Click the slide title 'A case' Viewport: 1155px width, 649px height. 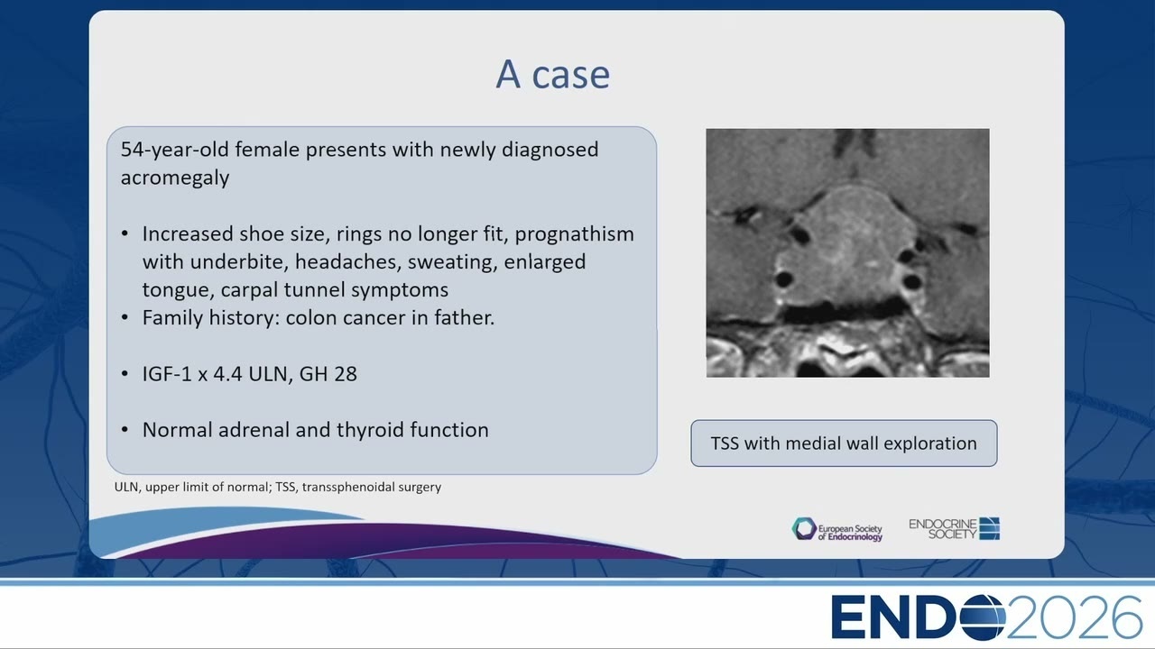[x=553, y=74]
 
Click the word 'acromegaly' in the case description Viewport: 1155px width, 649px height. [x=175, y=178]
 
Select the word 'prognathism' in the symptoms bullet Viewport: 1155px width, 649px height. [x=575, y=234]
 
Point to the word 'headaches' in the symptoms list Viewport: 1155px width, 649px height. [x=348, y=261]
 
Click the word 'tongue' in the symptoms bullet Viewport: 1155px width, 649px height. [x=176, y=290]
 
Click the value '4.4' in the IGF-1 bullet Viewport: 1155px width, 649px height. [x=227, y=374]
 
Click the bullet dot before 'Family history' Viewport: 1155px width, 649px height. [x=125, y=318]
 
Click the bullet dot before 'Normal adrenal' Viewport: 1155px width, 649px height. [x=125, y=430]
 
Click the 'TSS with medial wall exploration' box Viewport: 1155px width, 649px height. [x=844, y=443]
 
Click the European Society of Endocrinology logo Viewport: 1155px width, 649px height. [x=837, y=529]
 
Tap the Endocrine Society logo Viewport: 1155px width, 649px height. [x=954, y=529]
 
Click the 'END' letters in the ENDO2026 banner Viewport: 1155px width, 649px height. [x=895, y=617]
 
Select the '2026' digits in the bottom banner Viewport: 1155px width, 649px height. [x=1074, y=617]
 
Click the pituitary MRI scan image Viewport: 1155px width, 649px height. [x=847, y=253]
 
